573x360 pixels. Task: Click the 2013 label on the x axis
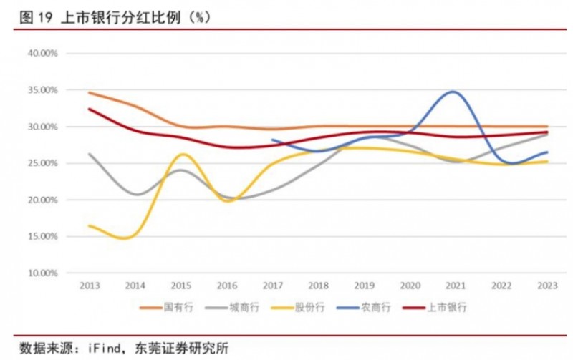pos(89,285)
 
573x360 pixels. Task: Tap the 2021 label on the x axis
pos(454,285)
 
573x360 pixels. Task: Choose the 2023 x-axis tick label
pos(546,285)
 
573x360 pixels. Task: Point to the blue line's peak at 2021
pos(453,92)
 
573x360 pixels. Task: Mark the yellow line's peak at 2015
pos(183,154)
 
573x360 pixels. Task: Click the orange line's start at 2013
pos(90,92)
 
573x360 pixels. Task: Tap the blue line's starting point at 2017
pos(272,140)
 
